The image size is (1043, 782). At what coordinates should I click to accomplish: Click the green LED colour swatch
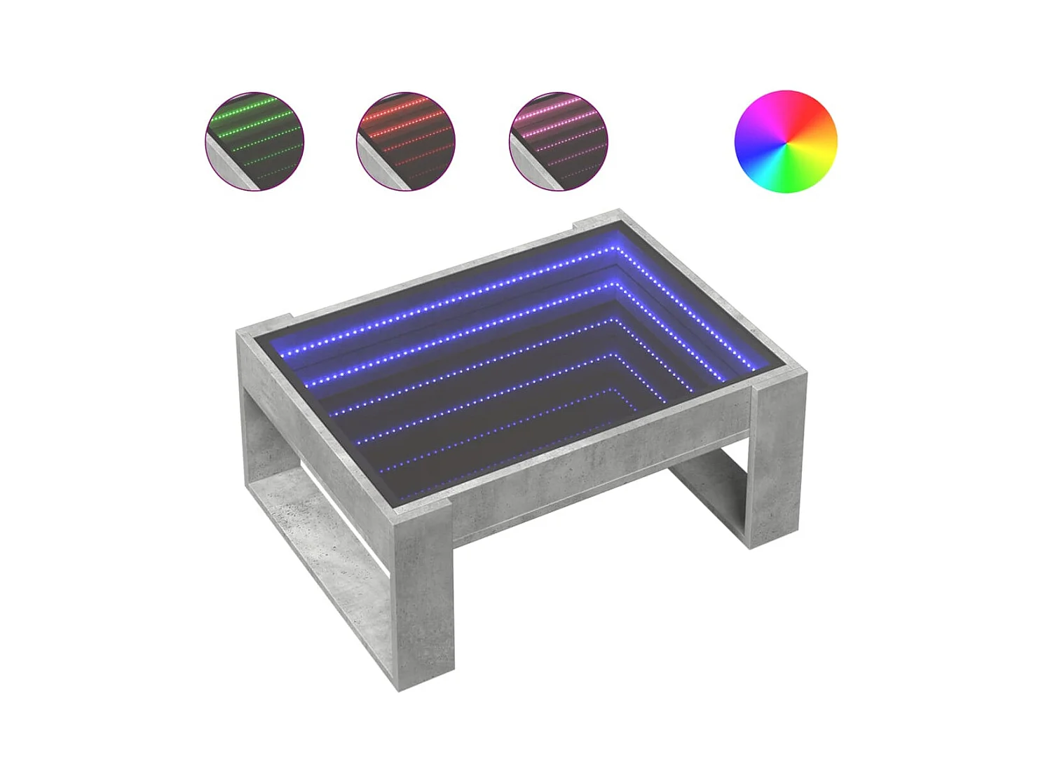[254, 141]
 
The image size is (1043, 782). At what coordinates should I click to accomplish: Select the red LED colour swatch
[406, 141]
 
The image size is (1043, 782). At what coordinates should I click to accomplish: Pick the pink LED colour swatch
[558, 141]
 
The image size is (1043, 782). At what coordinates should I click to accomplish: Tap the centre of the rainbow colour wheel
[786, 141]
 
